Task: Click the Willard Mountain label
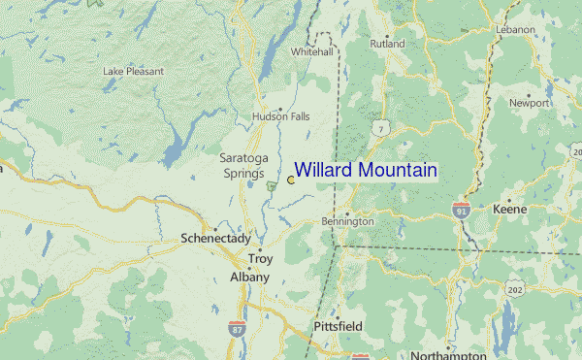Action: tap(366, 171)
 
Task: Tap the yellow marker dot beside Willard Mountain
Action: tap(291, 180)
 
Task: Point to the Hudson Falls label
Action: tap(281, 116)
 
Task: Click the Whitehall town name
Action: tap(311, 51)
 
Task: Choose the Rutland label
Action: tap(387, 44)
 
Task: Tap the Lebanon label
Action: tap(515, 30)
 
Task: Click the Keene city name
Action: tap(509, 209)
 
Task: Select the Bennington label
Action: tap(347, 222)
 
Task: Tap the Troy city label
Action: tap(261, 259)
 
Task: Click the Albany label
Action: tap(248, 278)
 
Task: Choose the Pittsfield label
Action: tap(338, 327)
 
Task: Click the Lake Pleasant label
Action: tap(134, 71)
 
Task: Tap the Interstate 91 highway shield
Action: tap(462, 210)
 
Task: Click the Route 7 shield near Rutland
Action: tap(382, 128)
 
